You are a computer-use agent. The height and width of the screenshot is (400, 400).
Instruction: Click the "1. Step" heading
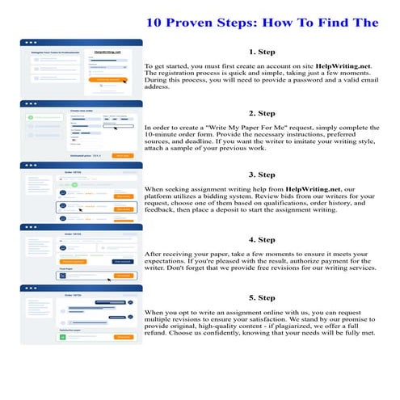click(263, 50)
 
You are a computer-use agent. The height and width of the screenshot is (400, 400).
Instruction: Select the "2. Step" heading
click(263, 113)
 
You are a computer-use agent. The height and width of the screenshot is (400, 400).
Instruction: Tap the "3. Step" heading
click(263, 175)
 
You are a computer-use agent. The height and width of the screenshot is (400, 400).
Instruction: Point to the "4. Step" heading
click(263, 239)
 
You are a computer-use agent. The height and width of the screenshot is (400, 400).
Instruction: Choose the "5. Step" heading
click(263, 297)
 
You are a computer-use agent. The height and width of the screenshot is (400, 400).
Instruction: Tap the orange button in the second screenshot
click(122, 155)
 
